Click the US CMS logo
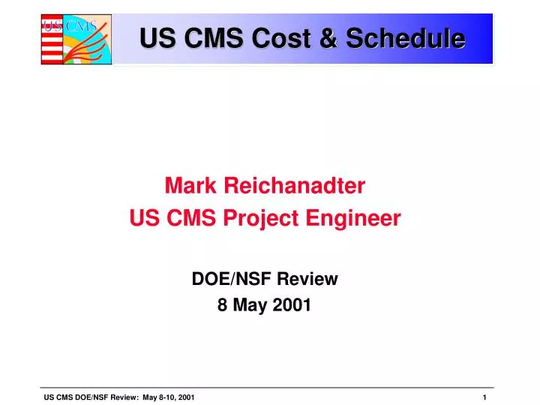[76, 39]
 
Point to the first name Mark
[188, 184]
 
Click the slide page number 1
[484, 397]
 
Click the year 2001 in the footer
[187, 397]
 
